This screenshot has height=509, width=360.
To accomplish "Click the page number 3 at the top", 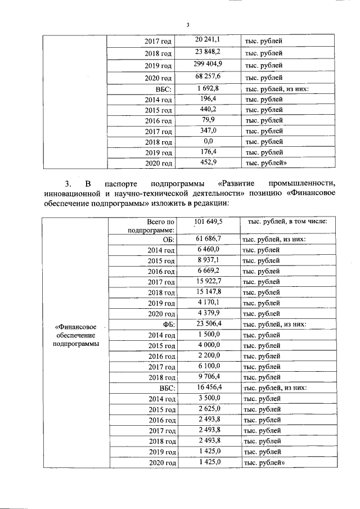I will (x=187, y=24).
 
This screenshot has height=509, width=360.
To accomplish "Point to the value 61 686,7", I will (x=208, y=238).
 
